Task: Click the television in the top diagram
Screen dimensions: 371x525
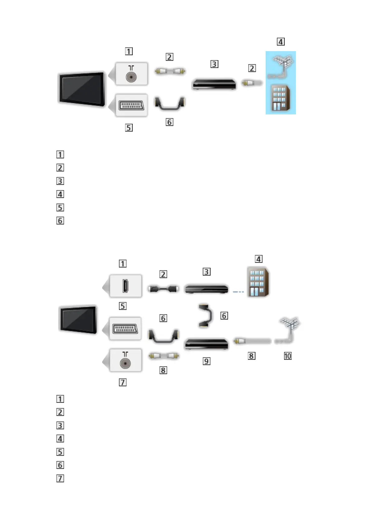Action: (x=82, y=89)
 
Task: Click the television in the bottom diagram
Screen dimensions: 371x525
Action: (x=78, y=320)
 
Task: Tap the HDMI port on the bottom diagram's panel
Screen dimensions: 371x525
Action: (x=125, y=286)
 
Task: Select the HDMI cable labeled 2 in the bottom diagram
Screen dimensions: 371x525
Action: (x=163, y=289)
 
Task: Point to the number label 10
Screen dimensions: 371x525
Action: (x=288, y=356)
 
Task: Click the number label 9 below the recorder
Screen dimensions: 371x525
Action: (x=206, y=361)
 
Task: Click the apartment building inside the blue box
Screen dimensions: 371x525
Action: (x=281, y=98)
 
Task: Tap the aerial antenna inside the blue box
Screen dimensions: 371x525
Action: (x=281, y=66)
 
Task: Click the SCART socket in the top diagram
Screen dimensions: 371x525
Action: (x=131, y=105)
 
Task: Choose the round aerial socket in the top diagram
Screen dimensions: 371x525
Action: (x=131, y=77)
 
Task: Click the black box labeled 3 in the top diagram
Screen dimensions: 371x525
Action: (x=214, y=84)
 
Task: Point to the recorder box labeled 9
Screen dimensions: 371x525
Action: (x=206, y=344)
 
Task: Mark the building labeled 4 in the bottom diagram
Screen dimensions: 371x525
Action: (x=258, y=282)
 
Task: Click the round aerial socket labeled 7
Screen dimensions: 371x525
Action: (x=125, y=363)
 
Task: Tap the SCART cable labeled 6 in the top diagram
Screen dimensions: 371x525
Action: (x=169, y=104)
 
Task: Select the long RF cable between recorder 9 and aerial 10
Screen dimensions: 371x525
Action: (x=252, y=341)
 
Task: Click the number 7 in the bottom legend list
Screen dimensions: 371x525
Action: (x=60, y=478)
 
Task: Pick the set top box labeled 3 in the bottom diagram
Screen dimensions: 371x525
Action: (x=206, y=289)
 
